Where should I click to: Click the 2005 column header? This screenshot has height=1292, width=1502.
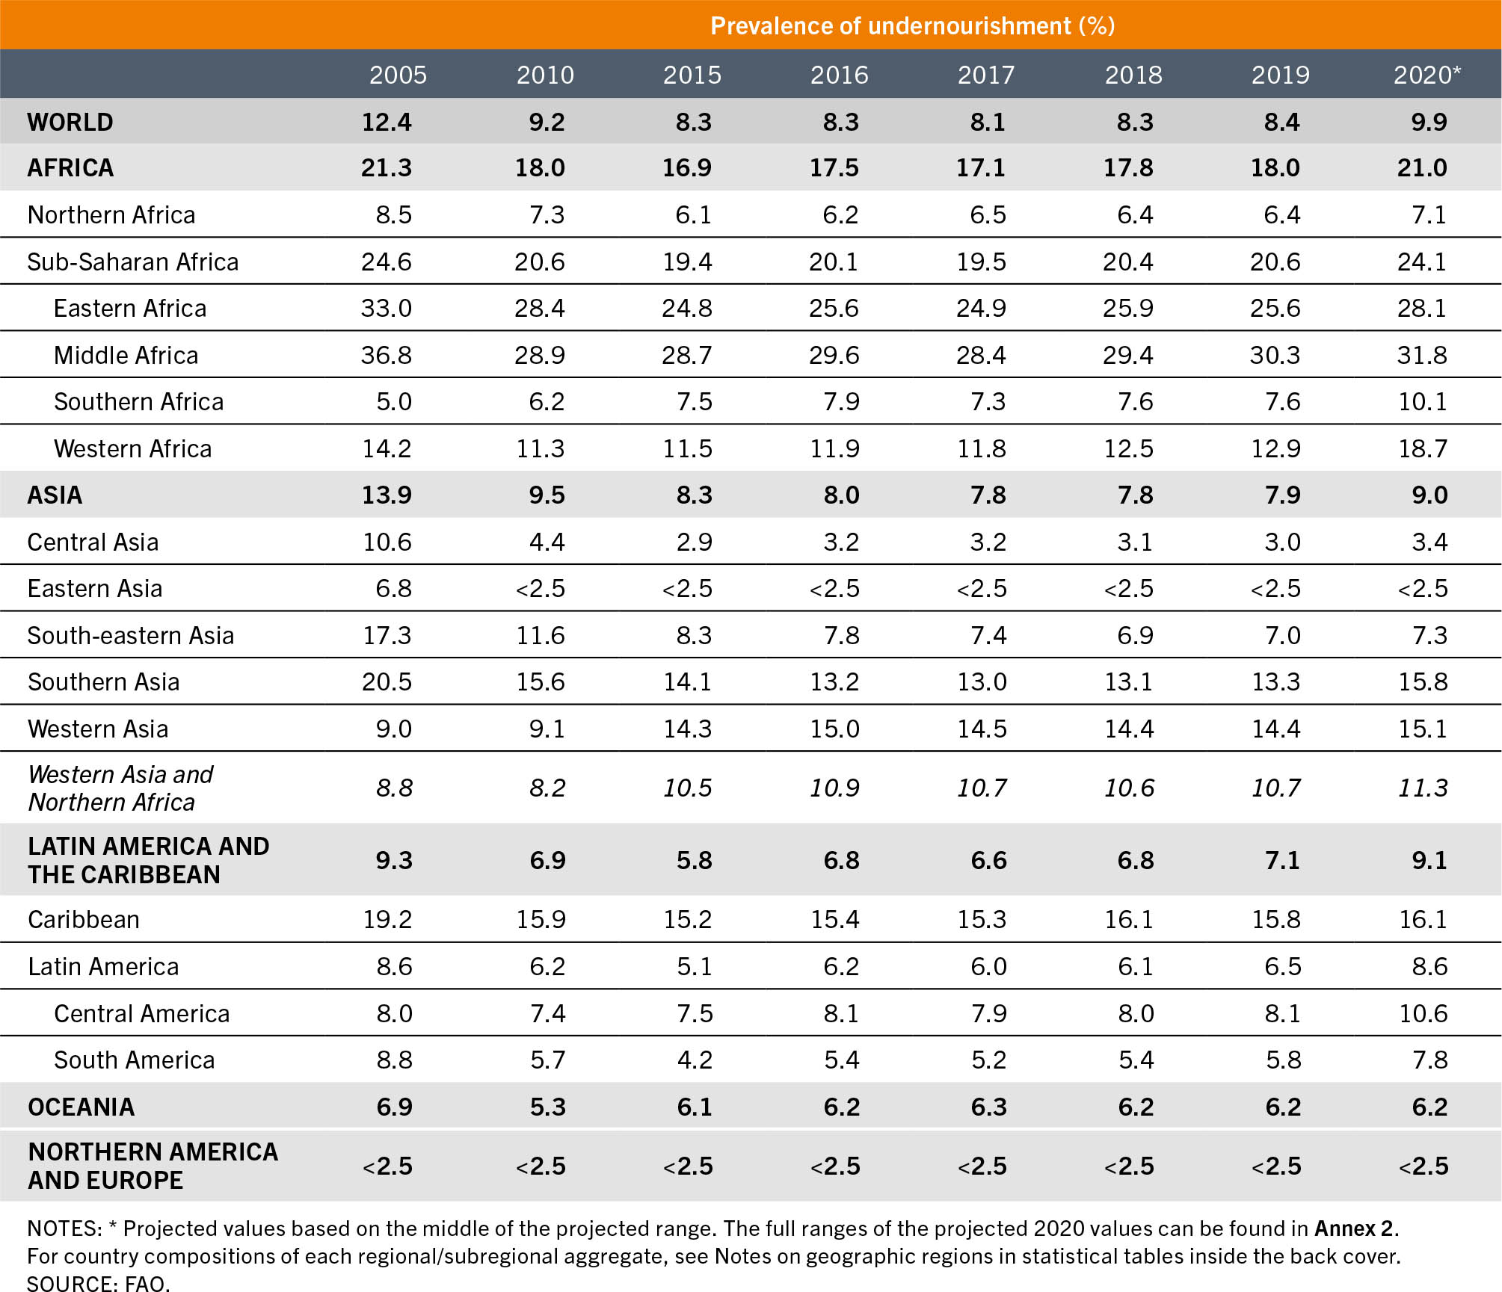[x=398, y=75]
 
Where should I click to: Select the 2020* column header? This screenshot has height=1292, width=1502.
[x=1426, y=75]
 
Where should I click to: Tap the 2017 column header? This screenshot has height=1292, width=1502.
[x=986, y=75]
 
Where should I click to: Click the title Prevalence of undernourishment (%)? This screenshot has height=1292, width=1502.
[x=912, y=26]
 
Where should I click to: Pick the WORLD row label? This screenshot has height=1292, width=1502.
[x=70, y=122]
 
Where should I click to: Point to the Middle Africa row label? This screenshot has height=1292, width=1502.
[x=126, y=355]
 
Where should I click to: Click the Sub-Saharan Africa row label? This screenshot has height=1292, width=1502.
[x=133, y=262]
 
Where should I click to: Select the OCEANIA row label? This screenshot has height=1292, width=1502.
[x=81, y=1107]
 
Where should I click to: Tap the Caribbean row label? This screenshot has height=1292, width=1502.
[x=84, y=919]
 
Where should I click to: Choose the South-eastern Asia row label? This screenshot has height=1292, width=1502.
[x=131, y=635]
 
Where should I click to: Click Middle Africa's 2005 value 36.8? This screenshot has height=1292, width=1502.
[x=386, y=355]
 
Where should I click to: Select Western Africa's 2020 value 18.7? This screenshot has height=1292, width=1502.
[x=1422, y=448]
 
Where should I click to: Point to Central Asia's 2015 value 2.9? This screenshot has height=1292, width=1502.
[x=694, y=542]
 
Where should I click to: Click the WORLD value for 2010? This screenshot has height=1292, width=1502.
[x=547, y=122]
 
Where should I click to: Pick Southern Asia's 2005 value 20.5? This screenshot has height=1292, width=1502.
[x=387, y=681]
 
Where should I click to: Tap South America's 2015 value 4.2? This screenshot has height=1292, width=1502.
[x=694, y=1060]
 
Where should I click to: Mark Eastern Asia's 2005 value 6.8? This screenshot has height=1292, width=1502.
[x=393, y=588]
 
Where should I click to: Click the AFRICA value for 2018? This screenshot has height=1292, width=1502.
[x=1128, y=167]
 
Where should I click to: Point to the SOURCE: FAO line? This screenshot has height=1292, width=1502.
[x=99, y=1283]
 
